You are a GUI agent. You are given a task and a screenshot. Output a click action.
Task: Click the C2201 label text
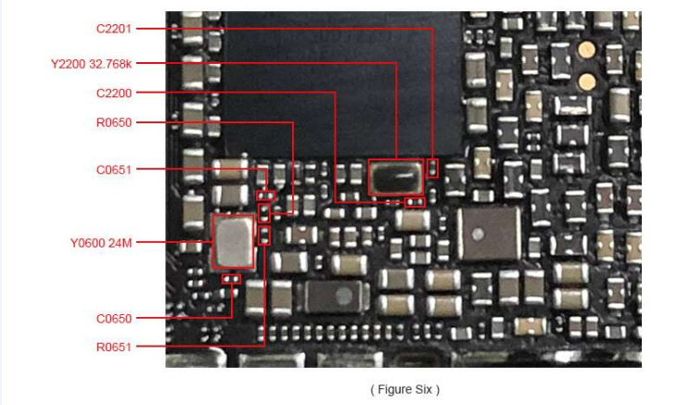113,29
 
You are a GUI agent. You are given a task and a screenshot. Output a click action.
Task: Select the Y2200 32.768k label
91,64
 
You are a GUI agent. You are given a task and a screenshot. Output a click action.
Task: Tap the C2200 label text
113,94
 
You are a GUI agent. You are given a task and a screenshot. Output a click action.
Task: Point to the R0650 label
113,122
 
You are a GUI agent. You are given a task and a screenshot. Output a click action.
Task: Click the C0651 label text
113,170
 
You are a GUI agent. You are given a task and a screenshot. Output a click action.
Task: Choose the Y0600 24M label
101,243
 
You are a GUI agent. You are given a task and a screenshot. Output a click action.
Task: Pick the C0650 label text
113,319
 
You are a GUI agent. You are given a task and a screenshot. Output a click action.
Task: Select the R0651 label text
113,348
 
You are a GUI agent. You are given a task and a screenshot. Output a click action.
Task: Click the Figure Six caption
405,389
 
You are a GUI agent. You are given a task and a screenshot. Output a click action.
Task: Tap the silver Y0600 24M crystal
234,241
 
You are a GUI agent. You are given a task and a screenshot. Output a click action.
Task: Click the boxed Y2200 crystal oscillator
396,177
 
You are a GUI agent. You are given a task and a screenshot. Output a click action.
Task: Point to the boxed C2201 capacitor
432,169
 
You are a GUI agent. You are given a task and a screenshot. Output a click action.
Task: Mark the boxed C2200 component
415,202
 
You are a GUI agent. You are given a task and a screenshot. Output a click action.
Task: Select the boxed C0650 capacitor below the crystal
232,279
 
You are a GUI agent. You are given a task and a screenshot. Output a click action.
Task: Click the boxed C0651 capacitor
266,196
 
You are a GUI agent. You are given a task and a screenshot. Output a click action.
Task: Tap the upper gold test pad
586,50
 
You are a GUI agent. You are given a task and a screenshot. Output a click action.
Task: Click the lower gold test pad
586,82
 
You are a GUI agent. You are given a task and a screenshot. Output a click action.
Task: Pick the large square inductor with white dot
489,234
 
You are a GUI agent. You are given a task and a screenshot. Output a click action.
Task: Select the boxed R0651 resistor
263,235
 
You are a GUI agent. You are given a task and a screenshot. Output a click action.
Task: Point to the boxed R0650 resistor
264,213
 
